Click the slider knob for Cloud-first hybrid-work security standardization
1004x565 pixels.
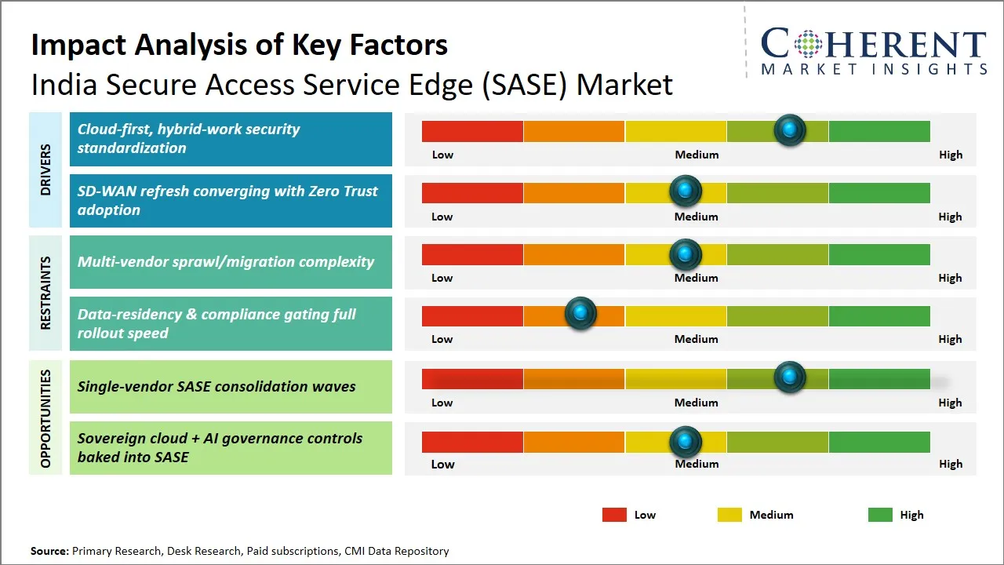790,129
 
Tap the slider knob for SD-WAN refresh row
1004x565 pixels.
686,191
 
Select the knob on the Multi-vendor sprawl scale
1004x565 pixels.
686,253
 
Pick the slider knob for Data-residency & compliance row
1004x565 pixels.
580,314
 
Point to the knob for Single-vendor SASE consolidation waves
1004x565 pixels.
790,377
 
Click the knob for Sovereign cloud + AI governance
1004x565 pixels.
686,442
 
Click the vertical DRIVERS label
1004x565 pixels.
45,169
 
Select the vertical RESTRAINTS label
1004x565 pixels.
45,293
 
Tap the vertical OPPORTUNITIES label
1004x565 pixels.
45,418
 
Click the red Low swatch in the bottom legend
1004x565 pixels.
614,515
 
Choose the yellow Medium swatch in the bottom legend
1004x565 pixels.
729,515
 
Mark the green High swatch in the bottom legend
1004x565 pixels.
880,515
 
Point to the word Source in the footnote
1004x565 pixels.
49,552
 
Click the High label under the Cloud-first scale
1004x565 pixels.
951,155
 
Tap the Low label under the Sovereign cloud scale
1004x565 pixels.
442,464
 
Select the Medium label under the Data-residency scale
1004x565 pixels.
697,339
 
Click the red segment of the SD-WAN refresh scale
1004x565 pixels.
472,192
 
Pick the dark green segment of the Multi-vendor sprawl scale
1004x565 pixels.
879,254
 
